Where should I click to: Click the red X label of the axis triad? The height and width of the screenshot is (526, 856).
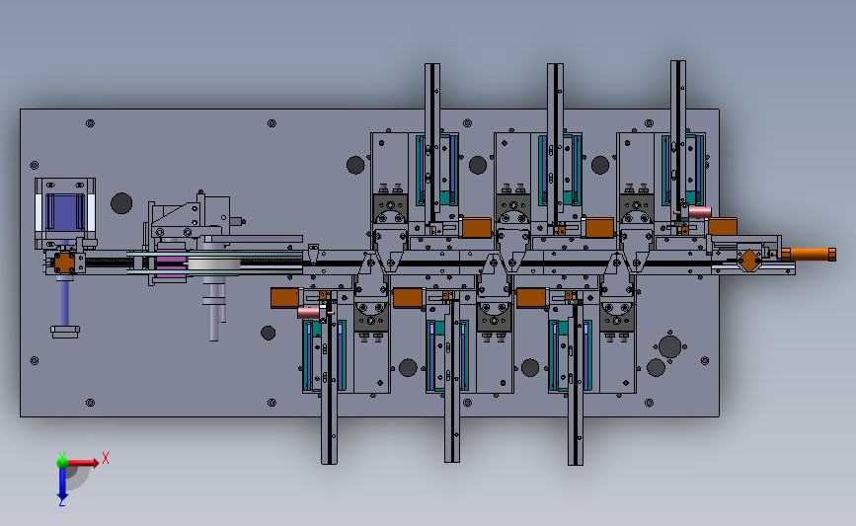106,458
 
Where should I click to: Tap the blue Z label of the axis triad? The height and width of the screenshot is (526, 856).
61,502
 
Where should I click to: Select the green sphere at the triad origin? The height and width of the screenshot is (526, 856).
62,463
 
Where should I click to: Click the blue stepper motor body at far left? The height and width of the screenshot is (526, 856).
65,212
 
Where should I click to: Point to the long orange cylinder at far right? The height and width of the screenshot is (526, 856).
809,255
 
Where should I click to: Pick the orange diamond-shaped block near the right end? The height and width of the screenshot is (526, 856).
749,260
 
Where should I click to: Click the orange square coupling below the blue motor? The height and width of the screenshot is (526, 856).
64,263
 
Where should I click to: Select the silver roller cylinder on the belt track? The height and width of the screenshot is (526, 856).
214,264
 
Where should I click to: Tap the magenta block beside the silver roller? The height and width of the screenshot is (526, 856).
171,263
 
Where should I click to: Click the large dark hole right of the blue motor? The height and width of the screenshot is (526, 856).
121,203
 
